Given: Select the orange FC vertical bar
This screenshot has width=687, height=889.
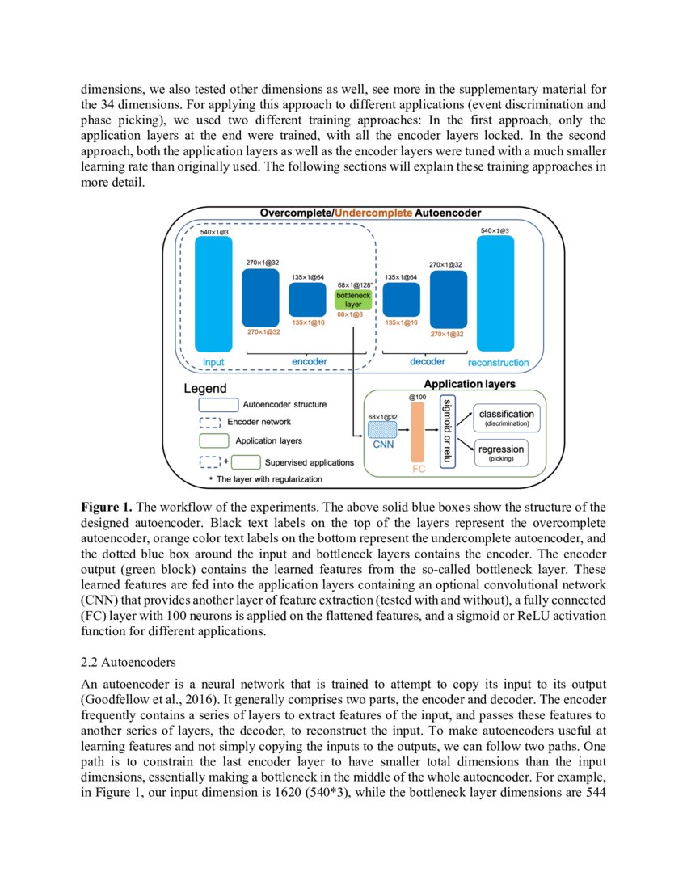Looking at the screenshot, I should [x=417, y=432].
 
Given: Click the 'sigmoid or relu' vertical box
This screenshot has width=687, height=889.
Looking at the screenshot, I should [x=445, y=432].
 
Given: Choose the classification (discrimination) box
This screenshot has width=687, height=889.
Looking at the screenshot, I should [x=507, y=417].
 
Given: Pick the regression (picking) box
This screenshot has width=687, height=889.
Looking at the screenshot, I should [x=500, y=453].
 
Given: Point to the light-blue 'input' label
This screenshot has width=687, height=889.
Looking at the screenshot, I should [x=213, y=363].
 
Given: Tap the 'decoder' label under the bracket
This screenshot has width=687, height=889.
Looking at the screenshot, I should [x=428, y=361].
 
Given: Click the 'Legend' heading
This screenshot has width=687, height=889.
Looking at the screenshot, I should [x=205, y=389].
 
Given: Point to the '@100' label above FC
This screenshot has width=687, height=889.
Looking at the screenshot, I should [x=417, y=398].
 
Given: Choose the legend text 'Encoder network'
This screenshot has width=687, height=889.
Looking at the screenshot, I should [x=259, y=422].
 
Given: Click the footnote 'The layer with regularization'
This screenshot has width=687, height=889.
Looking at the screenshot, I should [x=269, y=479].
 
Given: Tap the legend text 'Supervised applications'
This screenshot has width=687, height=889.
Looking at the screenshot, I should [x=309, y=462].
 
